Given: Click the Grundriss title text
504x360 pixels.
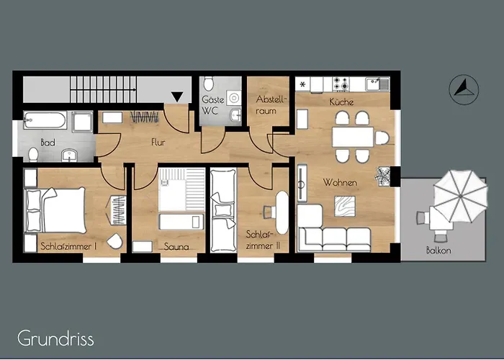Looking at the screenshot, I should pyautogui.click(x=56, y=338).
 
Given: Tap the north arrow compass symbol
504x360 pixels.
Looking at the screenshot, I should pyautogui.click(x=462, y=89).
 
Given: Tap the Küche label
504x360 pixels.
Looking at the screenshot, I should pyautogui.click(x=341, y=102).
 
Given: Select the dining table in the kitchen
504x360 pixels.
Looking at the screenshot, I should pyautogui.click(x=352, y=136).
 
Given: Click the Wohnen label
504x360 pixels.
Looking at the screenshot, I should pyautogui.click(x=340, y=183).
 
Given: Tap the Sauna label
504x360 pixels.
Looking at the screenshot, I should pyautogui.click(x=176, y=246).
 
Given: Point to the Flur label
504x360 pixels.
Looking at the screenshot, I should pyautogui.click(x=158, y=143).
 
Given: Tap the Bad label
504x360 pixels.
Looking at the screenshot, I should pyautogui.click(x=48, y=142).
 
